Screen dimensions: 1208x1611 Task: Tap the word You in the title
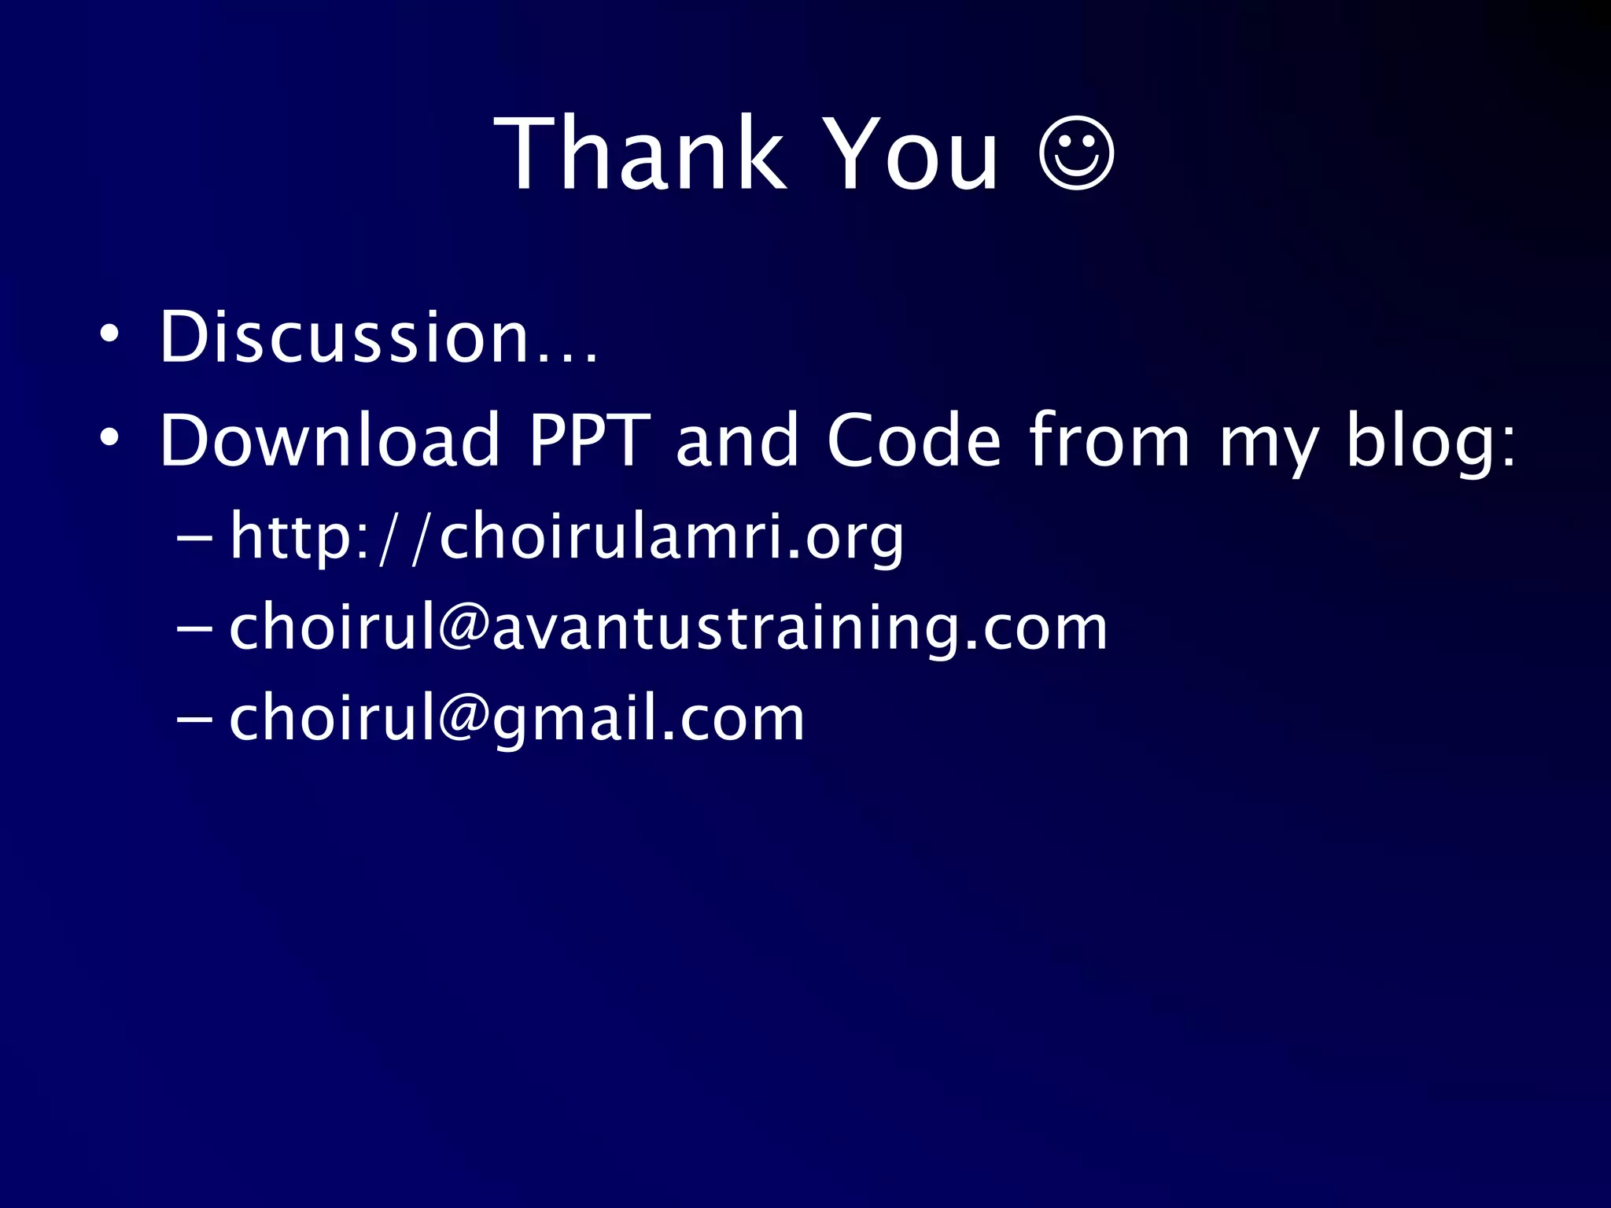click(x=913, y=153)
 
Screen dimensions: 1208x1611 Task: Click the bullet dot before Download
click(x=109, y=436)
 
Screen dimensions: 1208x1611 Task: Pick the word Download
click(x=330, y=440)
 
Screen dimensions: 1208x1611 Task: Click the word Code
click(x=914, y=440)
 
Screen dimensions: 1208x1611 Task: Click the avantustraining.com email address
click(x=668, y=628)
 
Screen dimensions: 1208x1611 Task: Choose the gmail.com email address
click(x=517, y=719)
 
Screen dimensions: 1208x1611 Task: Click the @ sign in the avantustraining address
click(x=464, y=628)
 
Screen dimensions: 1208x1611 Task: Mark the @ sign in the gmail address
click(x=464, y=719)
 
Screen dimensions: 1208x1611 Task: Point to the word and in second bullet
click(x=737, y=440)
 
